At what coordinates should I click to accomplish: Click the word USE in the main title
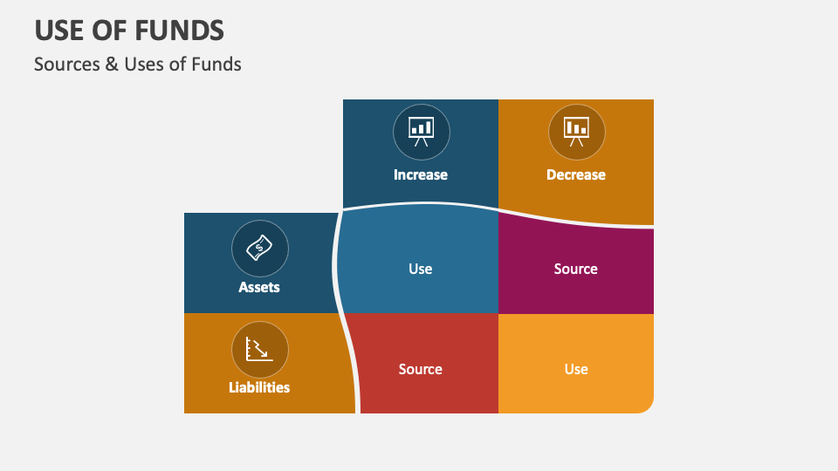pyautogui.click(x=58, y=31)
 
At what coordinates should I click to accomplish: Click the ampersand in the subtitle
pyautogui.click(x=111, y=64)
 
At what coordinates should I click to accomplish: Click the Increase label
pyautogui.click(x=420, y=174)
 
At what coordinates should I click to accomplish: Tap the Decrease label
pyautogui.click(x=575, y=174)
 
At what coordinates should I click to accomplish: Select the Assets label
pyautogui.click(x=259, y=286)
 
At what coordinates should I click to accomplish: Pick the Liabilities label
pyautogui.click(x=259, y=386)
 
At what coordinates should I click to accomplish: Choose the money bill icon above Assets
pyautogui.click(x=259, y=248)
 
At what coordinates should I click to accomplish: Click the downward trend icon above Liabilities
pyautogui.click(x=259, y=349)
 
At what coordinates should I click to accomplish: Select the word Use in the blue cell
pyautogui.click(x=420, y=269)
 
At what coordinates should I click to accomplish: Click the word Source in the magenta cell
pyautogui.click(x=575, y=269)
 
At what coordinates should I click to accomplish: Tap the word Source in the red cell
pyautogui.click(x=420, y=369)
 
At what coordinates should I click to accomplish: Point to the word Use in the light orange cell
pyautogui.click(x=575, y=369)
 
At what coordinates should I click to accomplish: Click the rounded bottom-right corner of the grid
pyautogui.click(x=646, y=406)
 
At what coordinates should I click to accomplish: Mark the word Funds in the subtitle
pyautogui.click(x=216, y=64)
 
